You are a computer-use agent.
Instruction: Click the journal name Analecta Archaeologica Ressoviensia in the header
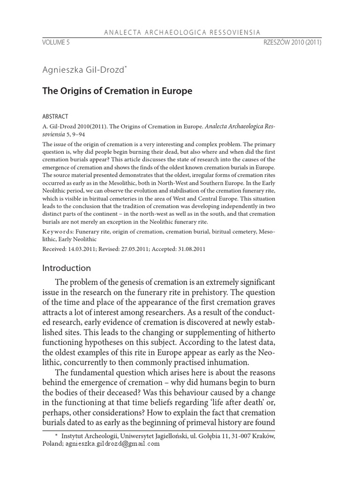(180, 32)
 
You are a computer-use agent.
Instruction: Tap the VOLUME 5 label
(55, 42)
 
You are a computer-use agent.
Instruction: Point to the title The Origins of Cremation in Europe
(117, 91)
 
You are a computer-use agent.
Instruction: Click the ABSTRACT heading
(55, 116)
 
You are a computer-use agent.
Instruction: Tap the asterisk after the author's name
(127, 68)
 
